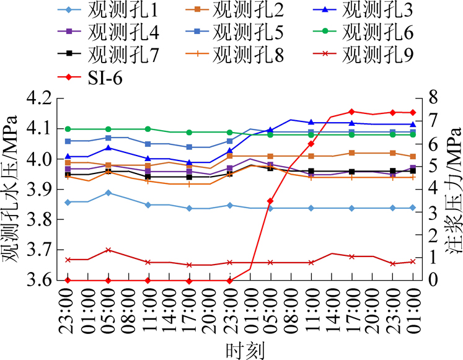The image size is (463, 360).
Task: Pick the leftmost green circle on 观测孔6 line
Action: [68, 129]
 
